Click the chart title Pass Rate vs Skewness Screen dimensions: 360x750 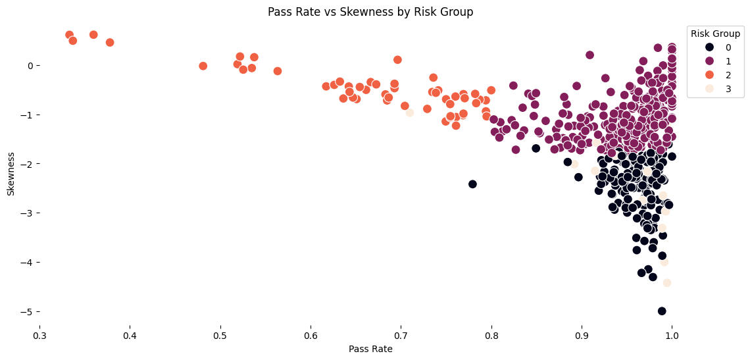coord(370,12)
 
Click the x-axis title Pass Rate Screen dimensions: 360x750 coord(370,349)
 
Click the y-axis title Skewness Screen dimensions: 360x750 coord(11,173)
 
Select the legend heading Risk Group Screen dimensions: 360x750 coord(715,34)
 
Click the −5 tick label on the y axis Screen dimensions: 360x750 coord(25,311)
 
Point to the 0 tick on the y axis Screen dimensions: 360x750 coord(29,66)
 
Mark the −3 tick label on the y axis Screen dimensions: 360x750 coord(25,213)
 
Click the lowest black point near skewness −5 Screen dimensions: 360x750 coord(662,311)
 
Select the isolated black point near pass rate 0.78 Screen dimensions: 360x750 coord(472,184)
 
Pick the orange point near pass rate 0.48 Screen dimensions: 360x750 coord(203,66)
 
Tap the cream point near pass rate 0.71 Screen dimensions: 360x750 coord(410,113)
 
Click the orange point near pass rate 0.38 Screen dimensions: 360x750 coord(110,43)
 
